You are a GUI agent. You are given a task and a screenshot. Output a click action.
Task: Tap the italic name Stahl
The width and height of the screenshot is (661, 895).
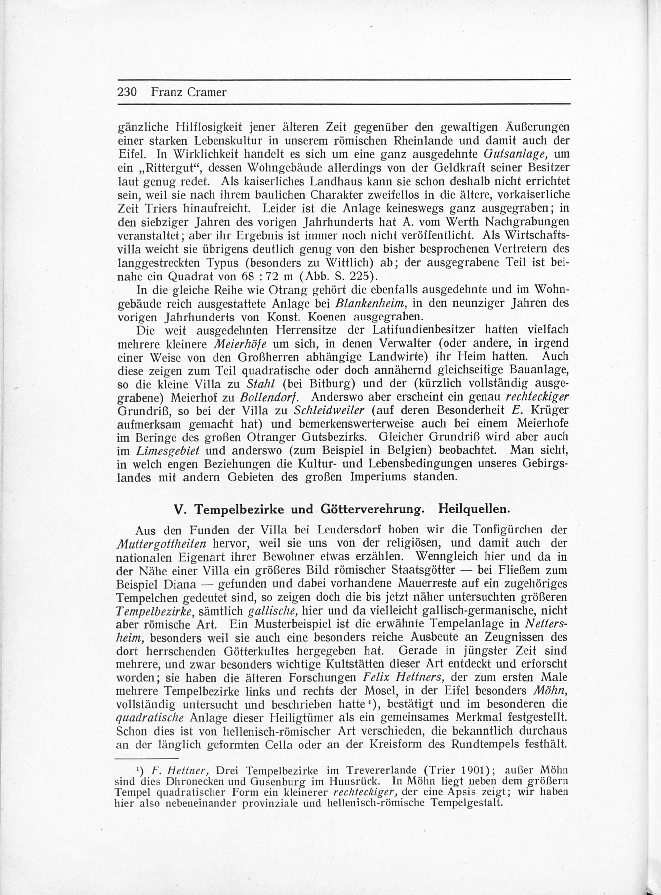click(x=260, y=384)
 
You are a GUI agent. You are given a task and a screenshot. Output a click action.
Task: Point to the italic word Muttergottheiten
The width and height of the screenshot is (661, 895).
click(x=161, y=544)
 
